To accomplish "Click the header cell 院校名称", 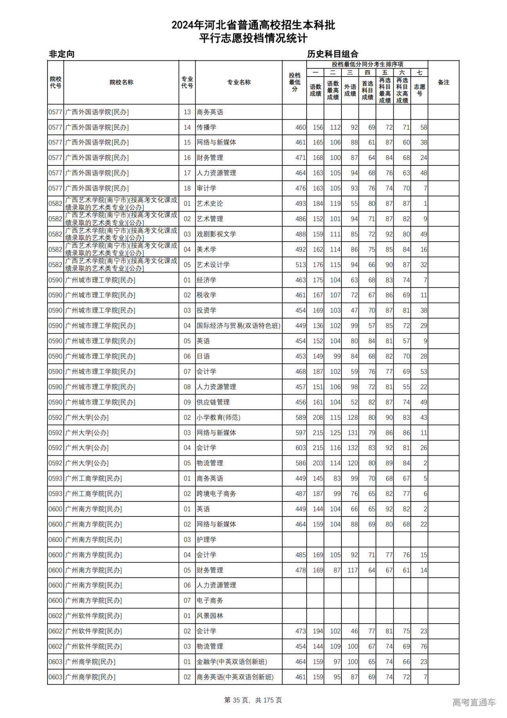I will click(121, 83).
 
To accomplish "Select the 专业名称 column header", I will click(238, 83).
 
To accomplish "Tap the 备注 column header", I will click(443, 83).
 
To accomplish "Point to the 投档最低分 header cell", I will click(294, 83).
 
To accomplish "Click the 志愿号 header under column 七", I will click(419, 90).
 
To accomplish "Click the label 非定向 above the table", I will click(61, 54).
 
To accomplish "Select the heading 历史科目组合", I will click(333, 54).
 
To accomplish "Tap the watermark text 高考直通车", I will click(474, 702).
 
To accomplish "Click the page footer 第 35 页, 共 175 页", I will click(253, 700).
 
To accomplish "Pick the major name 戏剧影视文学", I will click(216, 234).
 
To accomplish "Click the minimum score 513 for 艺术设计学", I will click(301, 265).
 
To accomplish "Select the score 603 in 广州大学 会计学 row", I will click(301, 448).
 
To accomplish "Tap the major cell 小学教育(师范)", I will click(218, 418).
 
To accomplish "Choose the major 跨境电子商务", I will click(216, 494).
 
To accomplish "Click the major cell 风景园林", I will click(210, 616).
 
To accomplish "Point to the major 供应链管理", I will click(213, 402).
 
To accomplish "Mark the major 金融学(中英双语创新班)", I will click(232, 662).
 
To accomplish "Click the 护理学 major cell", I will click(206, 540).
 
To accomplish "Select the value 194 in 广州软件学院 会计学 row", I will click(318, 632).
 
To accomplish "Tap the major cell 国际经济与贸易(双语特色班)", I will click(238, 326).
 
